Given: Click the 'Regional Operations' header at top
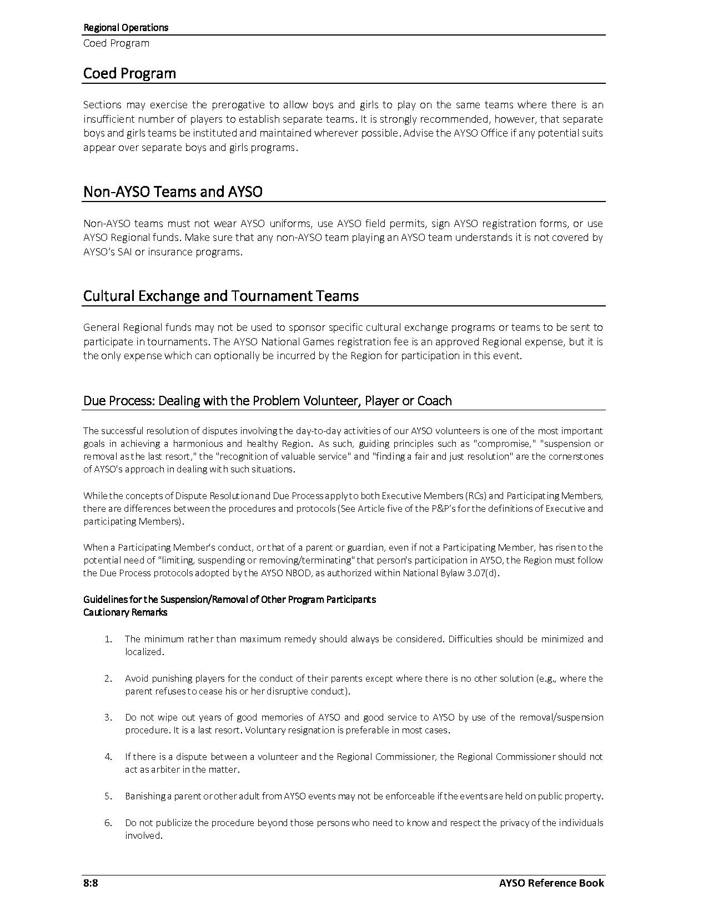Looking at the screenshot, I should tap(125, 27).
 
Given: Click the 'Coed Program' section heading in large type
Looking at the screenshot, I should tap(129, 73).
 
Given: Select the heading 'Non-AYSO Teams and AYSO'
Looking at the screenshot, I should tap(173, 192).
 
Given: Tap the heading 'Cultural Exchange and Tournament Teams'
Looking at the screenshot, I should tap(220, 296).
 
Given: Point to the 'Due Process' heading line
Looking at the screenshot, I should tap(267, 401).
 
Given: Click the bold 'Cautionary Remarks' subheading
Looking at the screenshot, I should tap(125, 612).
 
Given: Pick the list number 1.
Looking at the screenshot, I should tap(108, 639).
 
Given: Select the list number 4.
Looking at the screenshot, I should tap(108, 757).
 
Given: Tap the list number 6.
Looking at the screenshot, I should tap(108, 823).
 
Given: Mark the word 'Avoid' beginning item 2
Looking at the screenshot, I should tap(135, 678).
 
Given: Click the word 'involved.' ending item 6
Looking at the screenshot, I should tap(143, 836).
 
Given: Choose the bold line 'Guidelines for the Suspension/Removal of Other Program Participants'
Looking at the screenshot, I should tap(229, 600).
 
